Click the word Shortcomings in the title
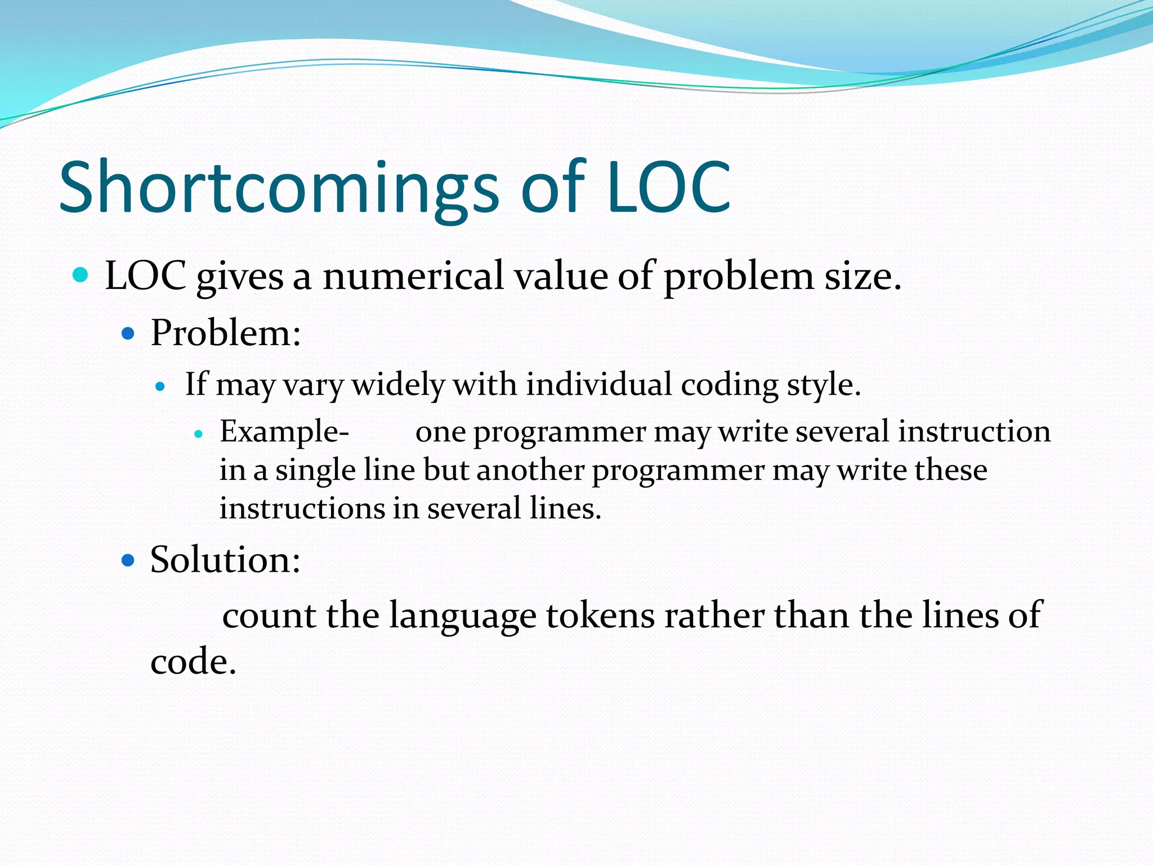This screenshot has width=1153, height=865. (x=279, y=189)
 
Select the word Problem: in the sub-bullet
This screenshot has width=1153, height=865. (x=226, y=333)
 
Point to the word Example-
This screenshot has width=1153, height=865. (x=284, y=432)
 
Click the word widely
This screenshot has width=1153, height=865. (x=398, y=386)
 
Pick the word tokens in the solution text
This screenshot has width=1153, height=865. (x=600, y=615)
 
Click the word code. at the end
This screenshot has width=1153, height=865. (x=193, y=662)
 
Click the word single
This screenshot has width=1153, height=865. (x=315, y=471)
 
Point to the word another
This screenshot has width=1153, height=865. (x=530, y=470)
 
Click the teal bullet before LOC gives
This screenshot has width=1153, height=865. (x=81, y=275)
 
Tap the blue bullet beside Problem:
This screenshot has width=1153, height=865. (x=128, y=334)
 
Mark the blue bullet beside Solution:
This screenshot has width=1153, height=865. (x=128, y=560)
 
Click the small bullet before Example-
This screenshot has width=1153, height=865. (x=198, y=434)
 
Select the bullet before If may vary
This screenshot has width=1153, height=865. (x=160, y=387)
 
